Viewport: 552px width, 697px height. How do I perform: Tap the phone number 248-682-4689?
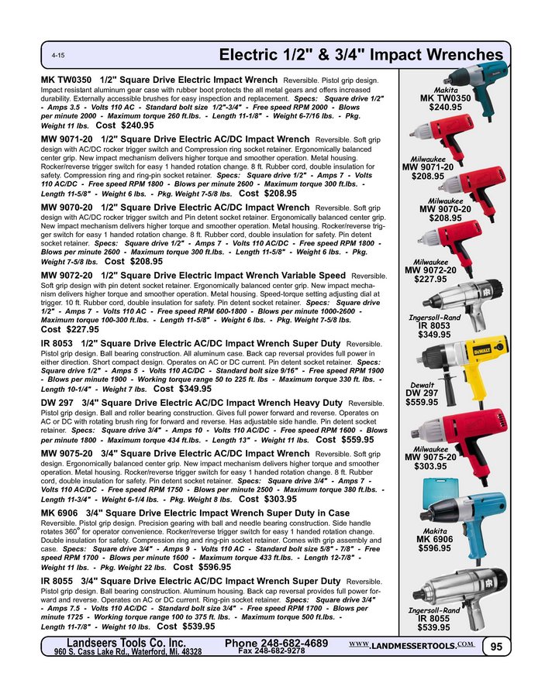click(276, 644)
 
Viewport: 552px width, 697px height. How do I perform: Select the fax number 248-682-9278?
click(271, 652)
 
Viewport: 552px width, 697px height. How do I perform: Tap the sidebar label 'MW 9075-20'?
click(431, 457)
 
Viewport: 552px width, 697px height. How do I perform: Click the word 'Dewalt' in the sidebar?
click(423, 384)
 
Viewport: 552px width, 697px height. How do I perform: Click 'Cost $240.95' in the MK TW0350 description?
click(125, 125)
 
